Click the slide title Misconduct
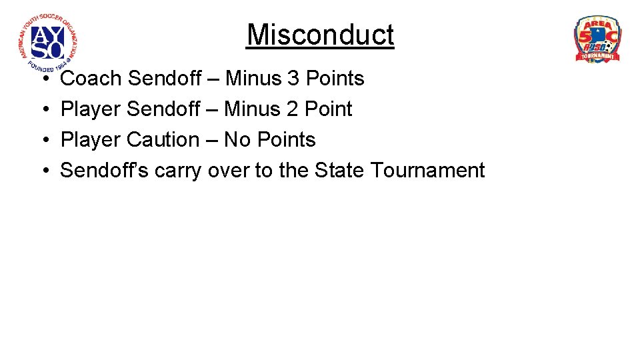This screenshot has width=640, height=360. tap(320, 35)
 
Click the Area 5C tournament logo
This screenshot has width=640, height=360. tap(597, 39)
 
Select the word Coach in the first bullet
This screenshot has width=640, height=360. tap(91, 79)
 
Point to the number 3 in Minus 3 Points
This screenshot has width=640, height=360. tap(293, 79)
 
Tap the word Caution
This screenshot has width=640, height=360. tap(163, 140)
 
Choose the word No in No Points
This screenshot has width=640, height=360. tap(237, 140)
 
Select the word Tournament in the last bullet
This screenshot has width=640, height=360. tap(428, 171)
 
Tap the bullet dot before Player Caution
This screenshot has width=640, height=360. tap(42, 141)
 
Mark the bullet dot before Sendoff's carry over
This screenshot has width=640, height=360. tap(42, 171)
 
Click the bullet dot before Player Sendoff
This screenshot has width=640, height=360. tap(42, 110)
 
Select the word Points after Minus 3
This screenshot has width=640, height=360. tap(335, 79)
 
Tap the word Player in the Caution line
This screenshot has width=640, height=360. tap(91, 140)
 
